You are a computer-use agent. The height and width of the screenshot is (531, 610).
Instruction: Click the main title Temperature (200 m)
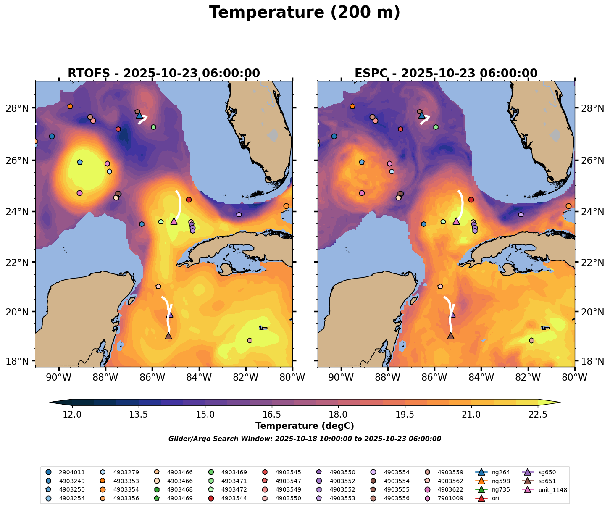point(305,13)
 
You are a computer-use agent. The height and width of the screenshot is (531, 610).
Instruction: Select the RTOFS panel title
point(164,74)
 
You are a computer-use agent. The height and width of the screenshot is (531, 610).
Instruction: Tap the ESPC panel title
point(446,74)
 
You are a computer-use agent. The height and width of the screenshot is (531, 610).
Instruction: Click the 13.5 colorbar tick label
point(139,415)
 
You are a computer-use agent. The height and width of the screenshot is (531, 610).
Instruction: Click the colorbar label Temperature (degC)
point(305,426)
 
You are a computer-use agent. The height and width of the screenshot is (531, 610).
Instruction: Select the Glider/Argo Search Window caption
point(305,439)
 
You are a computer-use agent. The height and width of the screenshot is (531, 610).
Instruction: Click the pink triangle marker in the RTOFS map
point(174,221)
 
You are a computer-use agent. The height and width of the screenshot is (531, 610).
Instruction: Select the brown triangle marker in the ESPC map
point(451,336)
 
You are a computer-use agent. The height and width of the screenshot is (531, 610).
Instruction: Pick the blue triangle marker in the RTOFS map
point(139,115)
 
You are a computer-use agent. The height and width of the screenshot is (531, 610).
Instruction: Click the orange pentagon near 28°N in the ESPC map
point(352,106)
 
